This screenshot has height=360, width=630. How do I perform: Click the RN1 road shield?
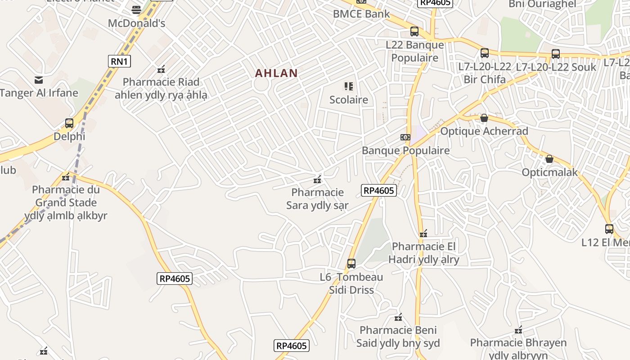pos(119,61)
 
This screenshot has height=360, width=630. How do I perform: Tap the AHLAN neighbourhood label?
pos(276,73)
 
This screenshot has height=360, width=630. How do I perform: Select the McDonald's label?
pos(137,23)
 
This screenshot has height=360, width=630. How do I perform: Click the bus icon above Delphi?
pos(69,123)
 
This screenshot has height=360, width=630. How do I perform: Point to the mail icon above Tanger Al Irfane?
pos(39,80)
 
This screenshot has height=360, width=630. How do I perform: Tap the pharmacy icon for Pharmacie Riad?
pos(161,69)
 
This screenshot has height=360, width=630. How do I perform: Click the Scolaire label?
pos(349,99)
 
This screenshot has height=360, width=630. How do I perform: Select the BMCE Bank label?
pos(361,13)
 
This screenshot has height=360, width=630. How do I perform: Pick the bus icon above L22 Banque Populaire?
pos(414,31)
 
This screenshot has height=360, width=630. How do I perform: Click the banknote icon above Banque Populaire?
pos(405,137)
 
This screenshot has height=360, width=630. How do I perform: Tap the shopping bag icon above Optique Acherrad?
pos(484,118)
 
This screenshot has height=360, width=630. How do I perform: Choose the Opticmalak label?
pos(549,172)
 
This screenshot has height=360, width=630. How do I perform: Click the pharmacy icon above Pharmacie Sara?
pos(317,180)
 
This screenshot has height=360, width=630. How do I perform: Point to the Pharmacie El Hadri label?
pos(424,253)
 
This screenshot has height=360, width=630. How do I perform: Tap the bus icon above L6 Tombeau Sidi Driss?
pos(351,263)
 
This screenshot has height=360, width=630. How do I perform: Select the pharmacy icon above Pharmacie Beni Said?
pos(398,317)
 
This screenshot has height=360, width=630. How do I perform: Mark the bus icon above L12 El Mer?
pos(609,229)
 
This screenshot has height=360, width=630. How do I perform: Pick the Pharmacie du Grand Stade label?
pos(66,202)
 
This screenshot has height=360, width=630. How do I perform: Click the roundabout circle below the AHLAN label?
pos(261,85)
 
